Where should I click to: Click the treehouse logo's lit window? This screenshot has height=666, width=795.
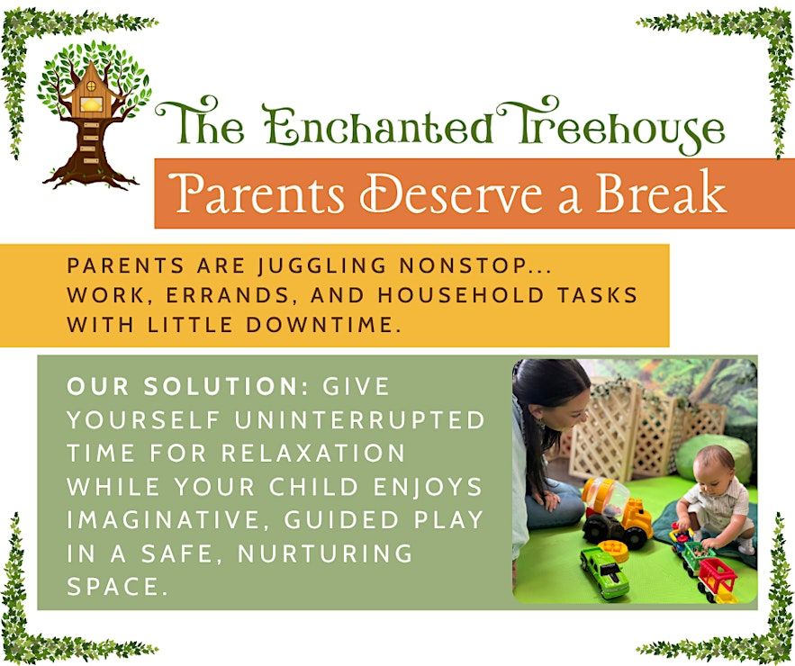pyautogui.click(x=91, y=104)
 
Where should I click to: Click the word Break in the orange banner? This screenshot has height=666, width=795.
pyautogui.click(x=661, y=193)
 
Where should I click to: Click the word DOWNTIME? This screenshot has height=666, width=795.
pyautogui.click(x=320, y=325)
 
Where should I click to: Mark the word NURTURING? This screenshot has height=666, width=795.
pyautogui.click(x=325, y=553)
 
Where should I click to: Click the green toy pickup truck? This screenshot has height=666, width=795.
pyautogui.click(x=604, y=571)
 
